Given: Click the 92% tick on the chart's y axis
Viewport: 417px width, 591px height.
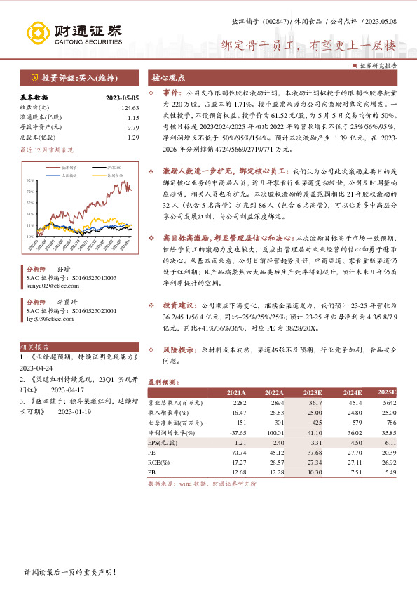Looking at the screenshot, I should click(x=31, y=181).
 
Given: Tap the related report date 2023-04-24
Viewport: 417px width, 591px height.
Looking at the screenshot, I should click(x=36, y=367).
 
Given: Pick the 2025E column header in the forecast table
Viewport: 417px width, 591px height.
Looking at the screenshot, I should click(x=386, y=392).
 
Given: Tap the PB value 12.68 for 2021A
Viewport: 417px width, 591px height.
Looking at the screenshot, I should click(x=238, y=473).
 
